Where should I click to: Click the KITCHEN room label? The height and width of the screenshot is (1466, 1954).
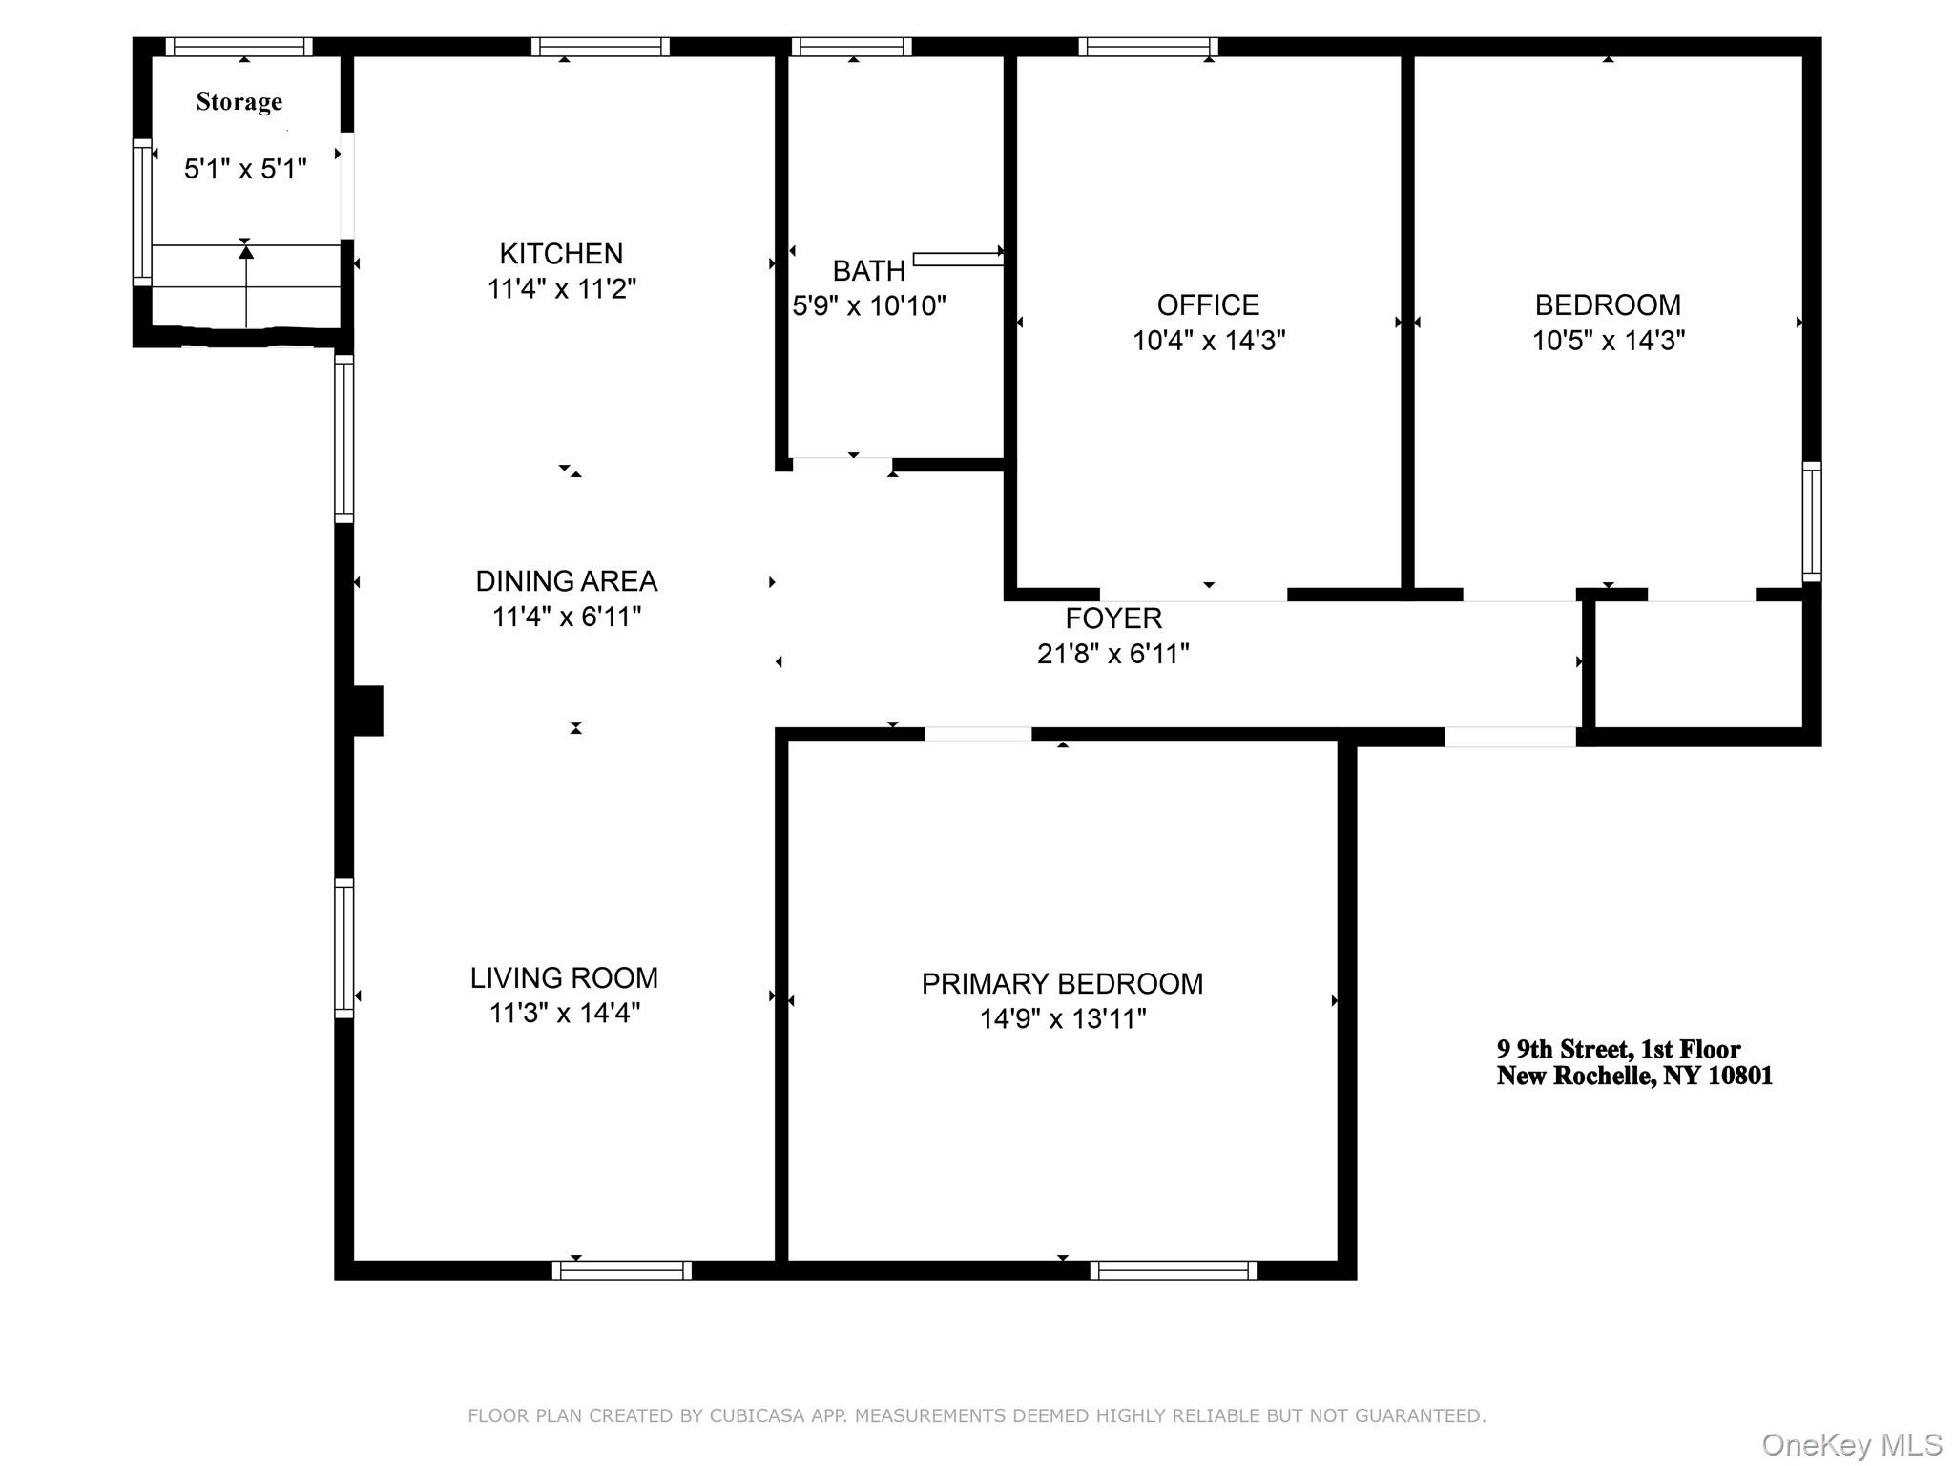click(561, 254)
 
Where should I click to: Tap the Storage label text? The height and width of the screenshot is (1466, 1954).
click(239, 102)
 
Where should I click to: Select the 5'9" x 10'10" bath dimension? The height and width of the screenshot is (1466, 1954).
click(869, 306)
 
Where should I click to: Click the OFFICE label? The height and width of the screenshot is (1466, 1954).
click(1208, 305)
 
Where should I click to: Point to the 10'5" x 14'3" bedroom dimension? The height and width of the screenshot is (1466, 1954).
click(1609, 341)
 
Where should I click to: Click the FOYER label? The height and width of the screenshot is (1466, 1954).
click(1113, 618)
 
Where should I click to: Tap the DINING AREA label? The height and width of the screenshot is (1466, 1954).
click(566, 581)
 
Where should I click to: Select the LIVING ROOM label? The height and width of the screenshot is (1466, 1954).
click(564, 978)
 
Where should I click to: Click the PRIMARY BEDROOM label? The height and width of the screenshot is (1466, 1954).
click(1062, 984)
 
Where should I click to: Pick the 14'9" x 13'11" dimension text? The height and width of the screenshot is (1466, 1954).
click(1062, 1019)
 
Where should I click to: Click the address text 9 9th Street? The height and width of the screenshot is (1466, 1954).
click(1618, 1050)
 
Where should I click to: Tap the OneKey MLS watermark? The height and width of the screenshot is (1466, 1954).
click(1851, 1445)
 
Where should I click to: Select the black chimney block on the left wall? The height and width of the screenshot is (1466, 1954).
click(368, 711)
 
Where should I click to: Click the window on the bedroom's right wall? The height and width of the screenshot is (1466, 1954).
click(1811, 522)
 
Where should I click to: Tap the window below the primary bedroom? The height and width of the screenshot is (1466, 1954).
click(1173, 1270)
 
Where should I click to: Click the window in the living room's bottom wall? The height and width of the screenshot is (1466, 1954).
click(621, 1270)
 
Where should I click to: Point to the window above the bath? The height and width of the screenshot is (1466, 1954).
click(851, 47)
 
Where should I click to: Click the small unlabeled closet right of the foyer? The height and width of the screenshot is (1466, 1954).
click(1698, 664)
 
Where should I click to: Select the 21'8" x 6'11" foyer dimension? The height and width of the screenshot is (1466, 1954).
click(1113, 654)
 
